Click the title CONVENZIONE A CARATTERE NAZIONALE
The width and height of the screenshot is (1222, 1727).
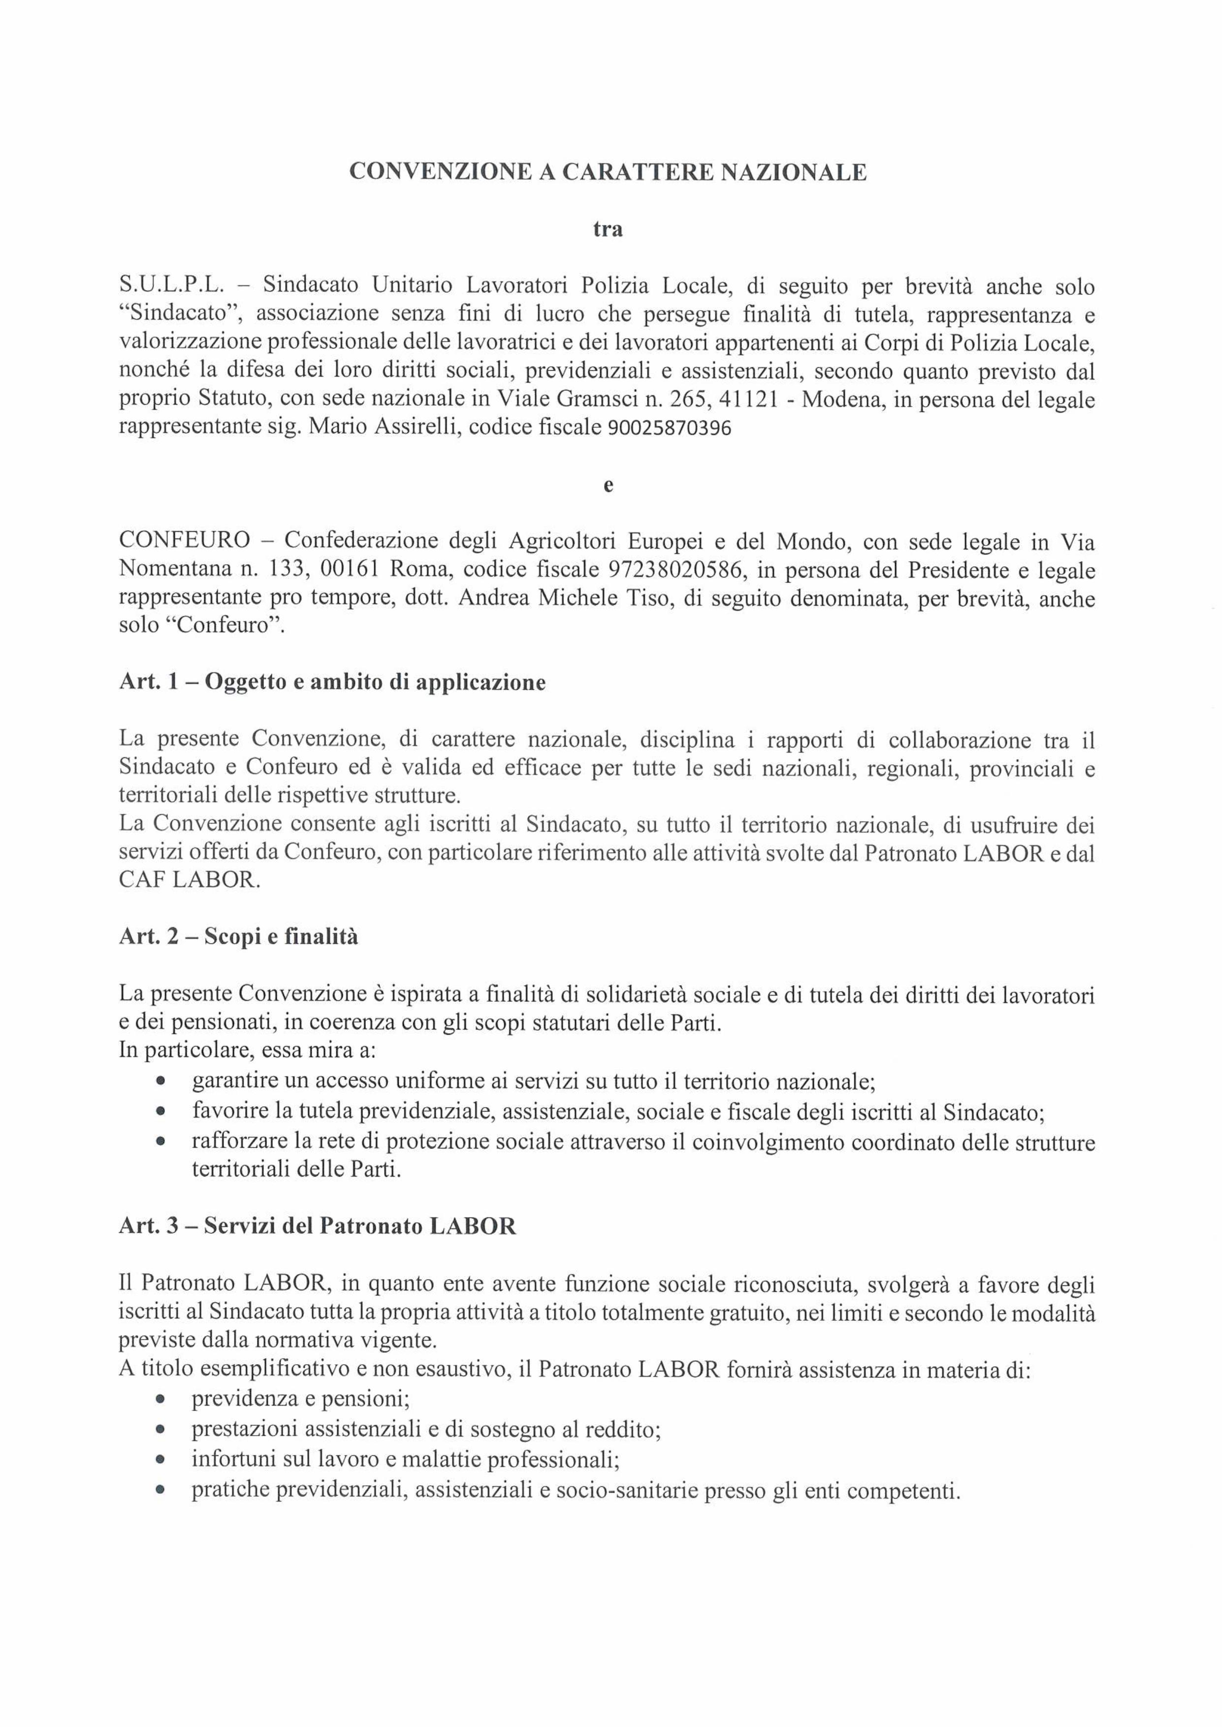[608, 172]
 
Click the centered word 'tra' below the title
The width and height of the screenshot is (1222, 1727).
[608, 228]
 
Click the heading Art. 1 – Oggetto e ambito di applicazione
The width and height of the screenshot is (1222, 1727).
[332, 682]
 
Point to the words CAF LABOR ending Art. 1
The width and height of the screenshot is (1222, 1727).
[190, 881]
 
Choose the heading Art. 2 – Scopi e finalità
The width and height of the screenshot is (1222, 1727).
[238, 937]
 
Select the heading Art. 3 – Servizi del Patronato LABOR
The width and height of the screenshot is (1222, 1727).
[318, 1226]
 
